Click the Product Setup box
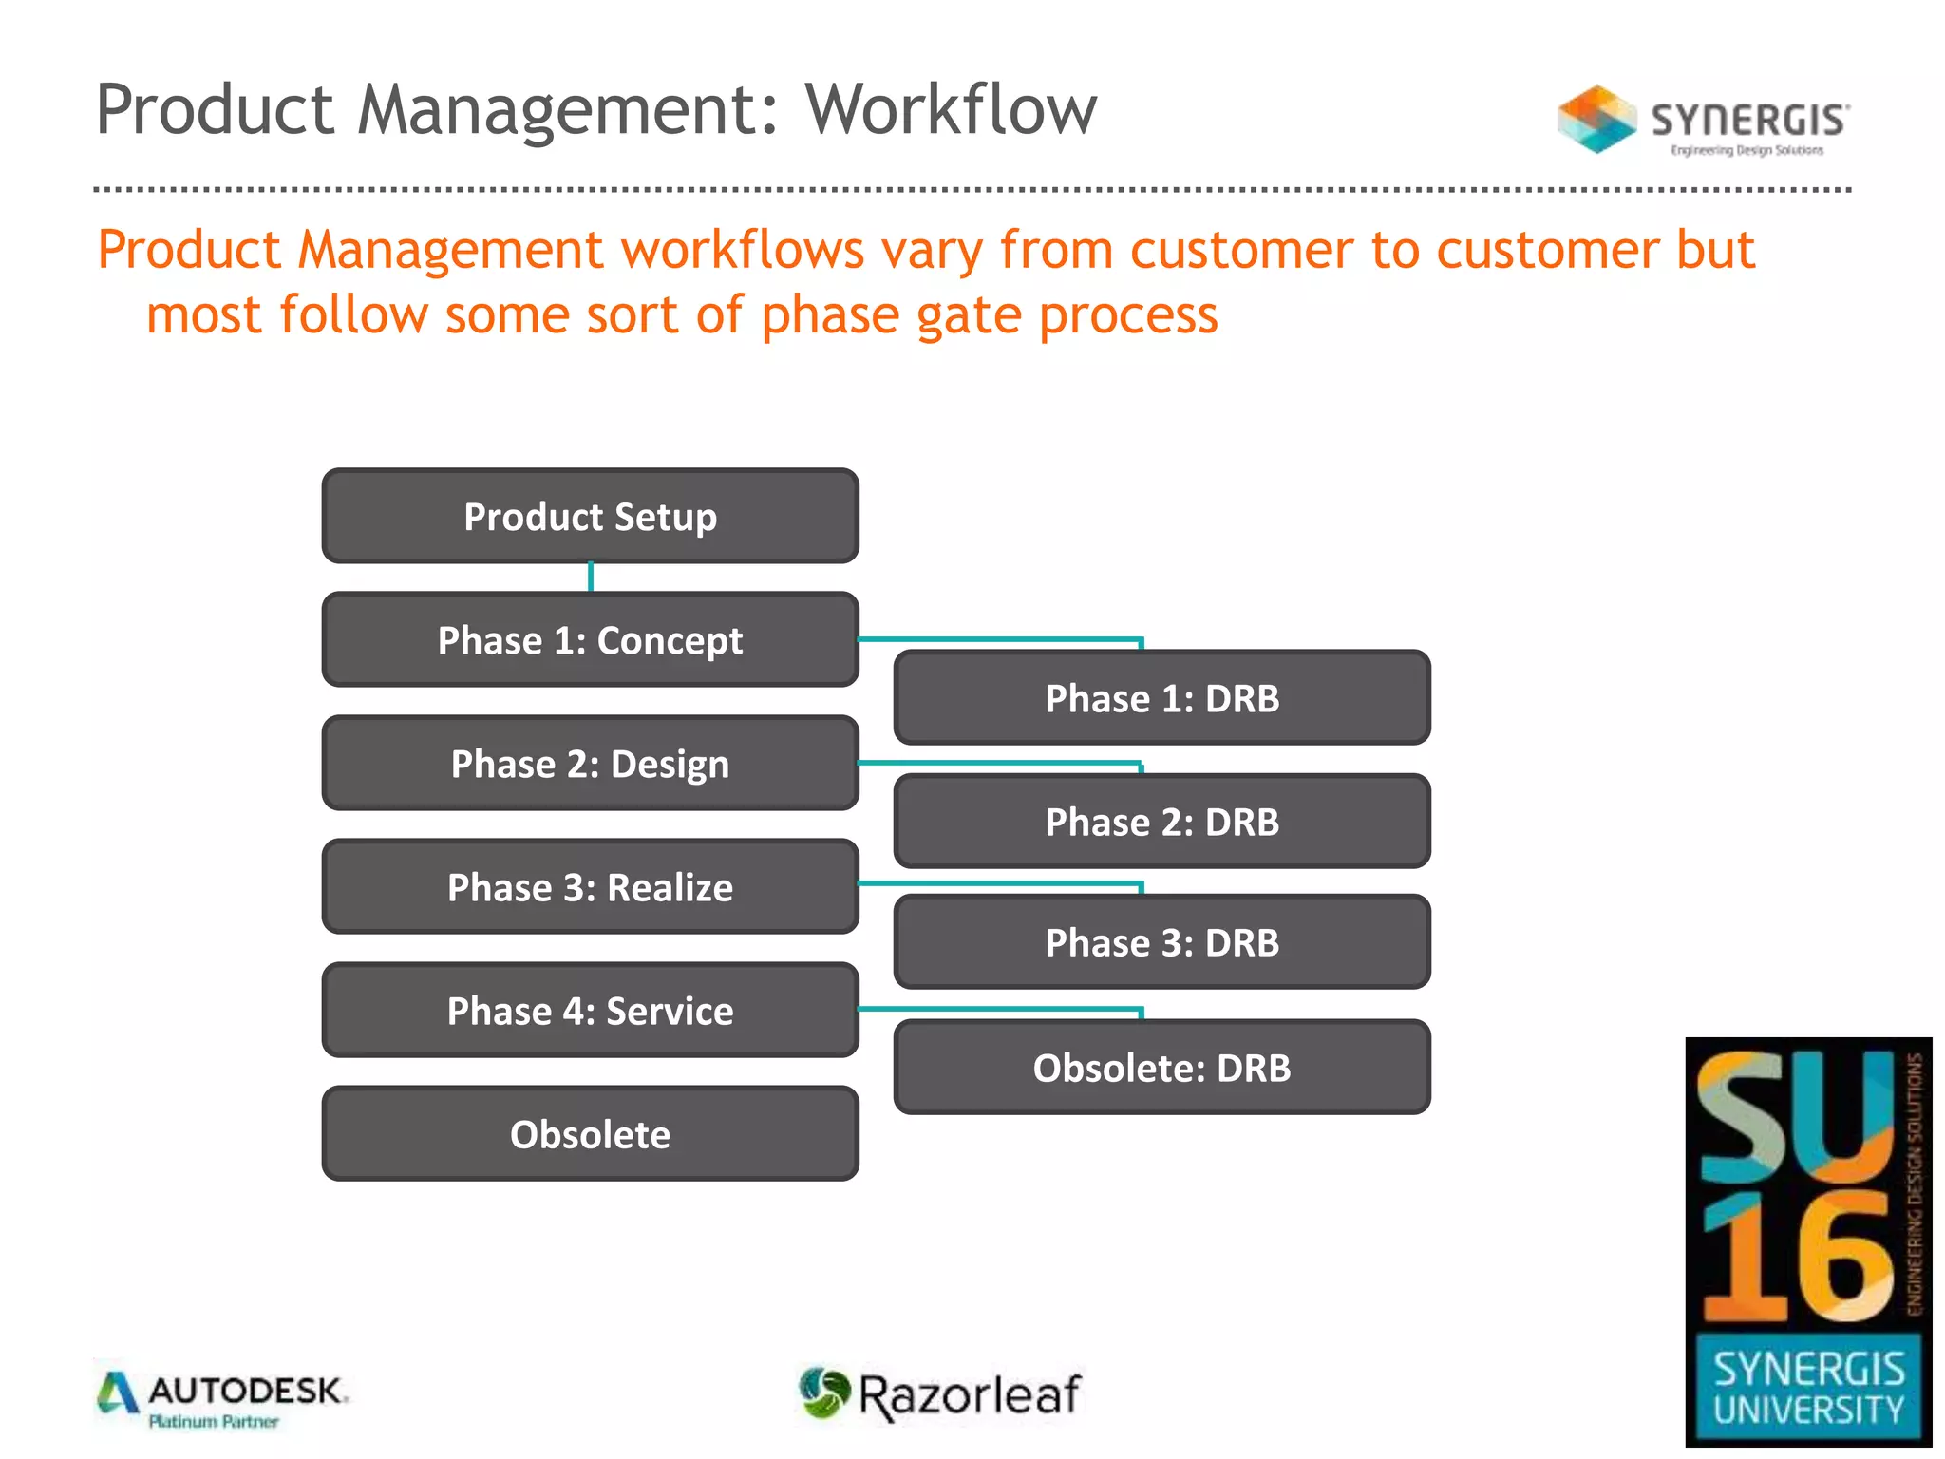pos(590,516)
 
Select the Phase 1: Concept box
pos(590,639)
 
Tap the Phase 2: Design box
pos(590,763)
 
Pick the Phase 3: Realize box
pos(590,886)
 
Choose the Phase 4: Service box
pos(590,1010)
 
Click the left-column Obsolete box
pos(590,1133)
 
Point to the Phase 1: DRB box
pos(1161,697)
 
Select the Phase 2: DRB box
pos(1161,821)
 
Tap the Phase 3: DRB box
pos(1161,941)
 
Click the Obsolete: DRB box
pos(1161,1067)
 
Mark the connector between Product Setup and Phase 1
pos(591,577)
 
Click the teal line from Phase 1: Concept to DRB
pos(997,639)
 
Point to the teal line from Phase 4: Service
pos(997,1009)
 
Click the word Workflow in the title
pos(951,109)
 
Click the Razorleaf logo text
pos(969,1394)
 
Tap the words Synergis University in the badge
pos(1808,1389)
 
